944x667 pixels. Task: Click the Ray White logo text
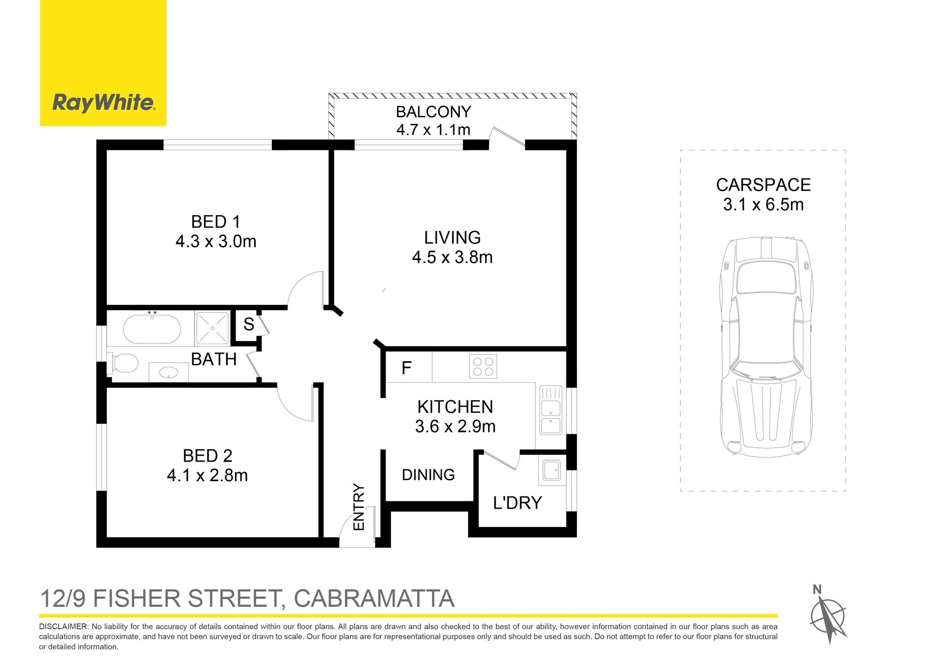point(104,103)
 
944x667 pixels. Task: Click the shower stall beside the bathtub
point(212,327)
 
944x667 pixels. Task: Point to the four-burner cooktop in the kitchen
point(483,367)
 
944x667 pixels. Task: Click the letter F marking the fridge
point(406,368)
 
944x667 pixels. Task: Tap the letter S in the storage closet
point(249,324)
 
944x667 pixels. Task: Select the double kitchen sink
point(551,410)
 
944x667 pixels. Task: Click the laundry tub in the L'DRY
point(552,470)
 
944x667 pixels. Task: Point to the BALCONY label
point(433,112)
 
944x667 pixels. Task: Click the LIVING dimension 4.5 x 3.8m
point(452,257)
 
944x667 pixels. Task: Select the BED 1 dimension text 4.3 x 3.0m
point(216,241)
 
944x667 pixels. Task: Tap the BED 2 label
point(207,456)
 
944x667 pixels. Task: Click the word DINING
point(428,475)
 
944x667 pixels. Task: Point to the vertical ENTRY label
point(358,507)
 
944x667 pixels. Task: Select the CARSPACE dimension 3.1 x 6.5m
point(763,204)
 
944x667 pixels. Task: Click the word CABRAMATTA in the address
point(374,599)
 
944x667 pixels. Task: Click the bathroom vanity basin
point(169,372)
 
